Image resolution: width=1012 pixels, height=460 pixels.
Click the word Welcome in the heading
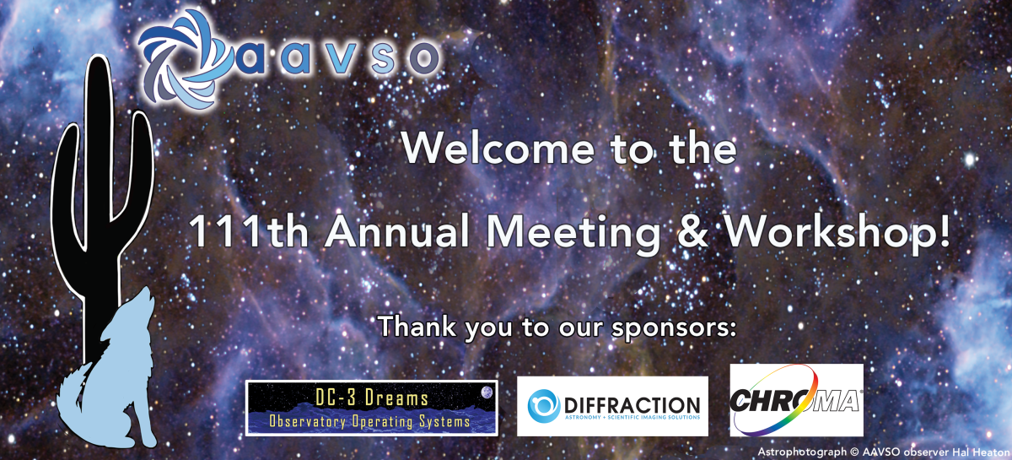498,149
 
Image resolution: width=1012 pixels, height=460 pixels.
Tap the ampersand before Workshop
693,231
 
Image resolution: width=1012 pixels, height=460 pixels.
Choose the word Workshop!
837,234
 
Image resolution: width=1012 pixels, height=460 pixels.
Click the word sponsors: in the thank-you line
674,329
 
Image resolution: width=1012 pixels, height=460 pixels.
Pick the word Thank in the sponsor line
417,326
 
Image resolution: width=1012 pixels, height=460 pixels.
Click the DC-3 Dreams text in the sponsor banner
372,398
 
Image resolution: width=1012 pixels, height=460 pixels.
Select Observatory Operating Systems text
369,421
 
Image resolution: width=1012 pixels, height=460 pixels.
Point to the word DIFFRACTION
632,405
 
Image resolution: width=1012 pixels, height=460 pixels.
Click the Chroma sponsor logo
796,400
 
